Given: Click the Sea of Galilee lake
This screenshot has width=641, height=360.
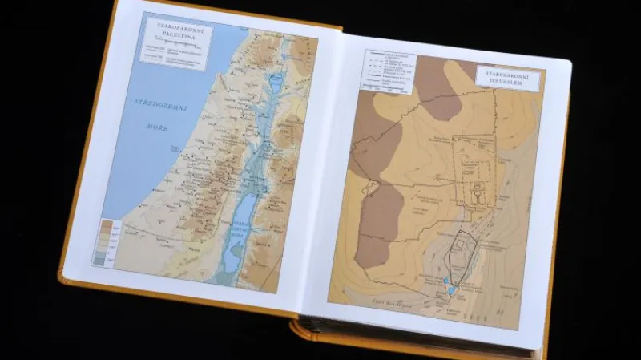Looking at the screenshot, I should pyautogui.click(x=276, y=82).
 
